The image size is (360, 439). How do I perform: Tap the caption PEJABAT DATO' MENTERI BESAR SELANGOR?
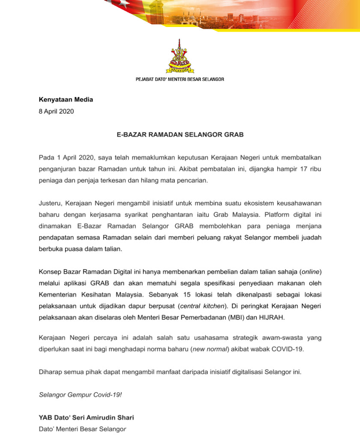click(x=180, y=79)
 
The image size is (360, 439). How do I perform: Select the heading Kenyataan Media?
click(x=66, y=100)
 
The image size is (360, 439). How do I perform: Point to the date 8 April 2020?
click(x=56, y=111)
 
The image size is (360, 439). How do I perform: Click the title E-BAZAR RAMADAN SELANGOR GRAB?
click(x=180, y=134)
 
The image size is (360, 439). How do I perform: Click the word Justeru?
click(x=50, y=203)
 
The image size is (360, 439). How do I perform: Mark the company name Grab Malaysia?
click(x=239, y=214)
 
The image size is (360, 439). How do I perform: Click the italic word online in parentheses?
click(x=311, y=272)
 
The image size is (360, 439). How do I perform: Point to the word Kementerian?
click(x=58, y=295)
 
